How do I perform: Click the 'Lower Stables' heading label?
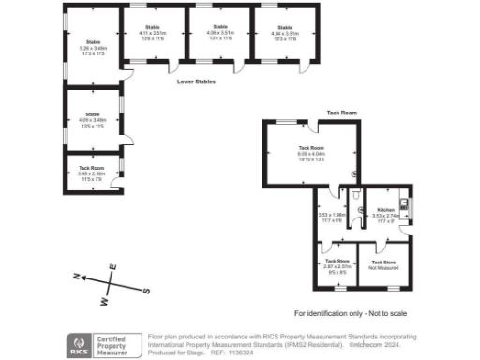pyautogui.click(x=197, y=82)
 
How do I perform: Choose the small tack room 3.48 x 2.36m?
pyautogui.click(x=92, y=172)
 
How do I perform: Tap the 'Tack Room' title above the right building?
pyautogui.click(x=341, y=112)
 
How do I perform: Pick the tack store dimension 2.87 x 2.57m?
pyautogui.click(x=336, y=267)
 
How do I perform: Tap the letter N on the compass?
pyautogui.click(x=77, y=277)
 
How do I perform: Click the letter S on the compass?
pyautogui.click(x=146, y=291)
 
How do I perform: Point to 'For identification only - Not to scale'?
pyautogui.click(x=352, y=312)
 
